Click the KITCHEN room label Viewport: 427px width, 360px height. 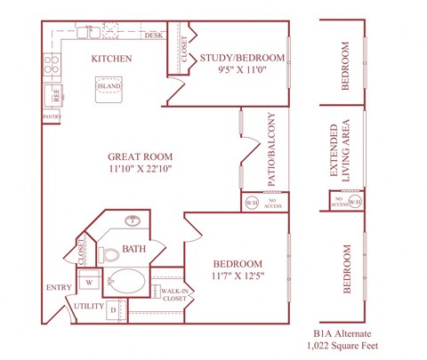(112, 59)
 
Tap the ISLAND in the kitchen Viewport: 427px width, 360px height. (117, 89)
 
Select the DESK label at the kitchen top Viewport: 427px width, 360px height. (153, 36)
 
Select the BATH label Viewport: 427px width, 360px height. (134, 249)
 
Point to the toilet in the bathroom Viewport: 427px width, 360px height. (111, 255)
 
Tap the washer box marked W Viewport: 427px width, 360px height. (90, 283)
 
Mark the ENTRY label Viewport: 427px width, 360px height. (59, 287)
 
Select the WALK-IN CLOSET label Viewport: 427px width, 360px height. (174, 294)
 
